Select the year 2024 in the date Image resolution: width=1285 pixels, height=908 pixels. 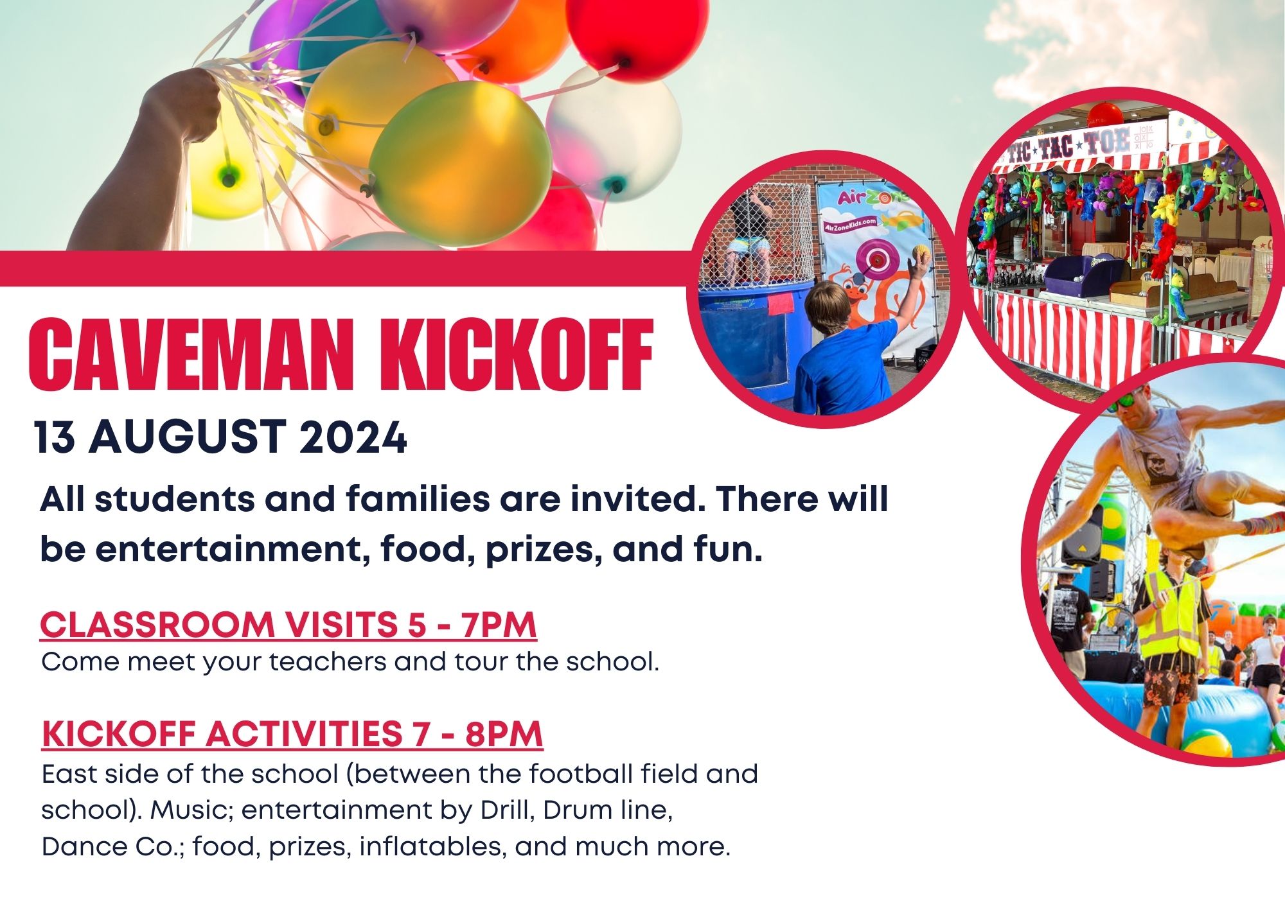coord(353,437)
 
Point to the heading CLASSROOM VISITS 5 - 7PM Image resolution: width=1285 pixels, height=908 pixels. coord(288,624)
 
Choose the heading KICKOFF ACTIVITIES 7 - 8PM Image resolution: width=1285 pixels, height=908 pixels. coord(292,733)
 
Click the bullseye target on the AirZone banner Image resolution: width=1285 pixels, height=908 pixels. coord(873,258)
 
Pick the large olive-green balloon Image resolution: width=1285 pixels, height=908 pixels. coord(460,164)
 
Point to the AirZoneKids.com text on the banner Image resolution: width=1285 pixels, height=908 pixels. coord(850,224)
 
